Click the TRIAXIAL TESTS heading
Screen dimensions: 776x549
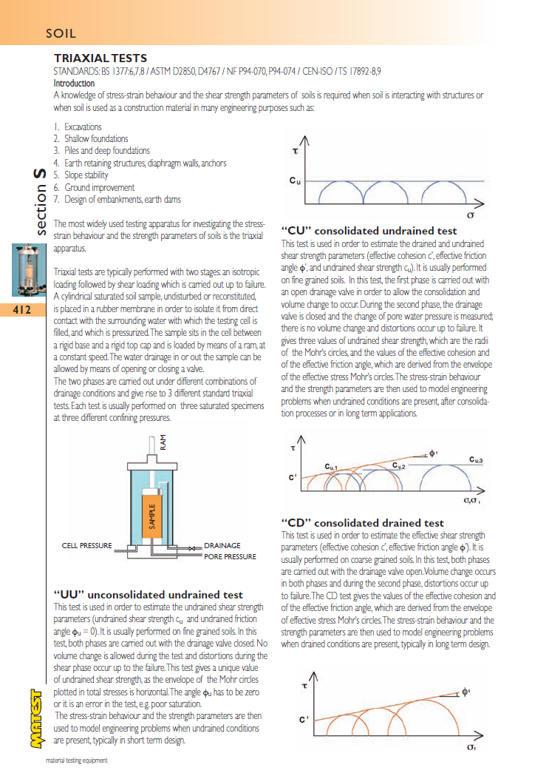[x=100, y=58]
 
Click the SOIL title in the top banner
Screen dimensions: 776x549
[x=61, y=33]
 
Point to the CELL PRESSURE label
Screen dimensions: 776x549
[x=86, y=546]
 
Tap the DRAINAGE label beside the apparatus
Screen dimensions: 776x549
[x=222, y=546]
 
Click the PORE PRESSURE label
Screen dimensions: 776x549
[x=230, y=556]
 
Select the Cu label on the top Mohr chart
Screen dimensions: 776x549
[x=294, y=180]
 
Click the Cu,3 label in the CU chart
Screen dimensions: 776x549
[x=476, y=460]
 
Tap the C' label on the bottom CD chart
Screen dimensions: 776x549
[x=303, y=718]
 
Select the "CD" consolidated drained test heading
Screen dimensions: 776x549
[x=363, y=522]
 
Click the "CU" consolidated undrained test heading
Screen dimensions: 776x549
[x=369, y=231]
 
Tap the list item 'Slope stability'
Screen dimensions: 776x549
[x=86, y=175]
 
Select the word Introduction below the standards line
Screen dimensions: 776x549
[x=74, y=84]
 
